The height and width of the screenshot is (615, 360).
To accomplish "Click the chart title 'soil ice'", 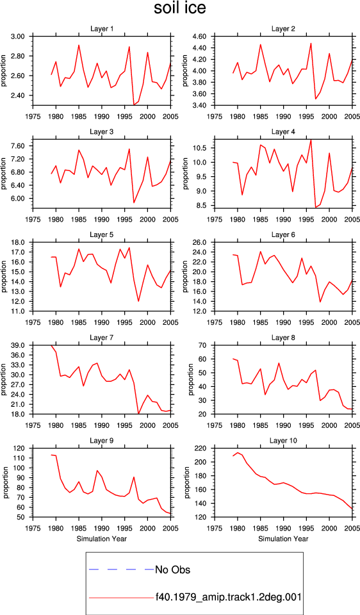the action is (179, 8).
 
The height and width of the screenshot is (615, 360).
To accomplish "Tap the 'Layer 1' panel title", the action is (102, 29).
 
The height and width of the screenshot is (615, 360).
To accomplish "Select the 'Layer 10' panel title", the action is (283, 441).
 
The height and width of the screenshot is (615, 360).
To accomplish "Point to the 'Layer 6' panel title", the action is (283, 234).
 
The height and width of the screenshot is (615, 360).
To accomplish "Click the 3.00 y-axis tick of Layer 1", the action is (19, 37).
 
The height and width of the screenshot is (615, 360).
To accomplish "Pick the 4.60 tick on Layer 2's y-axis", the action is (200, 37).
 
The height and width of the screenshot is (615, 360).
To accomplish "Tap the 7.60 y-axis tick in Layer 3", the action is (19, 146).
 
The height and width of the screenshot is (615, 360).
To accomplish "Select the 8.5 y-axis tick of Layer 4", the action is (202, 205).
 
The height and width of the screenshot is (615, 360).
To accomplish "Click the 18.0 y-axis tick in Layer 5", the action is (19, 242).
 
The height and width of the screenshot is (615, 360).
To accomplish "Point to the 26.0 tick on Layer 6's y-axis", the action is (200, 242).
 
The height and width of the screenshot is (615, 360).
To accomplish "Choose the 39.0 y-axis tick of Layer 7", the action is (19, 345).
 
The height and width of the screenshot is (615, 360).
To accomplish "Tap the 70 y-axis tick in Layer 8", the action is (203, 345).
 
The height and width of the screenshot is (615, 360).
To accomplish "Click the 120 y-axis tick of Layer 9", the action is (20, 448).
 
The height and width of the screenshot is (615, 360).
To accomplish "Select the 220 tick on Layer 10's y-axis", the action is (202, 448).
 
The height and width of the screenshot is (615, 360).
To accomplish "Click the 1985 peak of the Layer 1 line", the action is (79, 45).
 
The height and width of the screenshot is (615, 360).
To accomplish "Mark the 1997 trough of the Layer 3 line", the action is (134, 203).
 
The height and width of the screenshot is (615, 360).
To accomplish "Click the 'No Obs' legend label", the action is (173, 570).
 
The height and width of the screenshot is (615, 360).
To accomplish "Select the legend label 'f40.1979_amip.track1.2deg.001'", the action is (228, 597).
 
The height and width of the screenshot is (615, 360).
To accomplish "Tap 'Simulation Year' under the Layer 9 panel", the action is (102, 539).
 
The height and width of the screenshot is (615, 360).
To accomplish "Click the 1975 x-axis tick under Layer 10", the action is (215, 529).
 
